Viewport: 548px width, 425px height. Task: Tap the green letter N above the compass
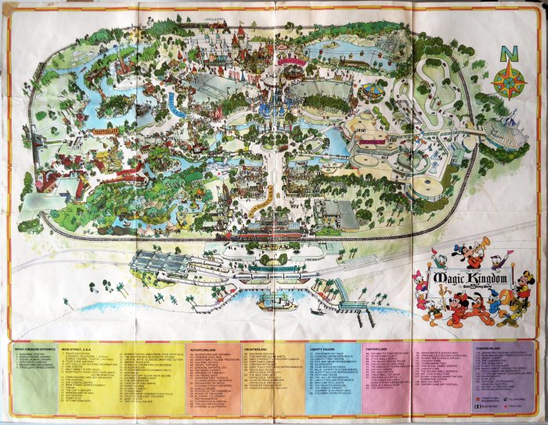coord(508,52)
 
